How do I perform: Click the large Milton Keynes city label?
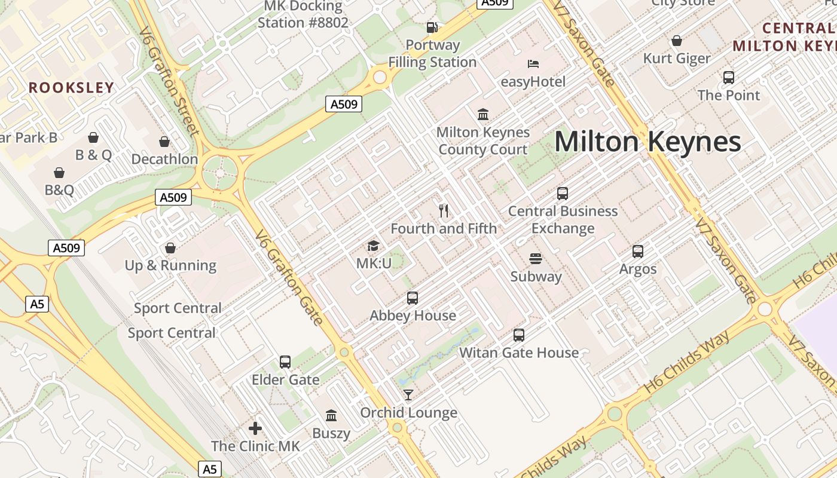coord(647,142)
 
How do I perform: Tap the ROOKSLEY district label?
coord(71,88)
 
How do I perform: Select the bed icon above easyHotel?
coord(533,63)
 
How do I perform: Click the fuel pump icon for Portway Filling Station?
coord(432,27)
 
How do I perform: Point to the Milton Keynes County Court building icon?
coord(482,114)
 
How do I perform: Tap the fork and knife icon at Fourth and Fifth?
coord(444,210)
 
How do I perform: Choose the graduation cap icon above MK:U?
coord(374,246)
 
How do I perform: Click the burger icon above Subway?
coord(536,259)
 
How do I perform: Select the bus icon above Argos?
coord(638,252)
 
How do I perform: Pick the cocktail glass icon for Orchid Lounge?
coord(408,395)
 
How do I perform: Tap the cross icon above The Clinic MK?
coord(255,428)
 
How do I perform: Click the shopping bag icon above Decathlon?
coord(164,142)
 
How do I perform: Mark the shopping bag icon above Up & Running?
coord(170,248)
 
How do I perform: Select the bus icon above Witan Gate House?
coord(519,335)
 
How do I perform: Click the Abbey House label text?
coord(413,315)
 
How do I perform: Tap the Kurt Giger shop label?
coord(677,59)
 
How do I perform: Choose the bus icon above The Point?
coord(729,77)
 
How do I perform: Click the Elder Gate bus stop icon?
coord(285,361)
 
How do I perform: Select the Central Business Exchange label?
coord(563,220)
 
